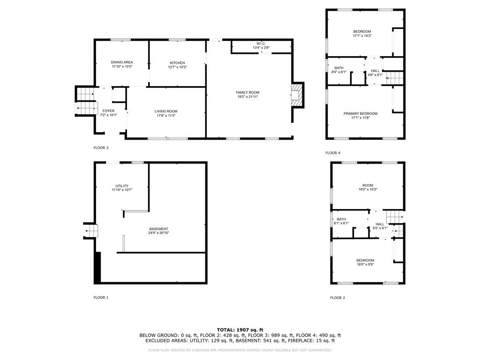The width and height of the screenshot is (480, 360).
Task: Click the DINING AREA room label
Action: [122, 62]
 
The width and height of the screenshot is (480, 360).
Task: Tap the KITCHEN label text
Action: [177, 63]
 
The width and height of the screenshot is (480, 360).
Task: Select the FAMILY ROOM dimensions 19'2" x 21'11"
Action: [247, 97]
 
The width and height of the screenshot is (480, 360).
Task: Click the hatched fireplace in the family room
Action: [296, 95]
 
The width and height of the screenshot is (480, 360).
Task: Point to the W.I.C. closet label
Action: [261, 44]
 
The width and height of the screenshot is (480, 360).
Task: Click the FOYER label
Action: [108, 111]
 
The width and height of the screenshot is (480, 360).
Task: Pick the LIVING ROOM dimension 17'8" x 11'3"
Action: [166, 116]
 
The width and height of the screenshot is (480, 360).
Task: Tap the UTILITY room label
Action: [122, 186]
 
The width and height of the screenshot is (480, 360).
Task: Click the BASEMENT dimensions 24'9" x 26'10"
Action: [158, 233]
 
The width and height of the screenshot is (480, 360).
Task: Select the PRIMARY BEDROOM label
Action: [360, 113]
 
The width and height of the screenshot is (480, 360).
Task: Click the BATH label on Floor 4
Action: [339, 68]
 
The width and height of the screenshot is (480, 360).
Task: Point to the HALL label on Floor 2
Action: [380, 224]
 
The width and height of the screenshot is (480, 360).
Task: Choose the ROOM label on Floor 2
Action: [367, 185]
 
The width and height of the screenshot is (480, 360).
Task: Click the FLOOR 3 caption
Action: [101, 148]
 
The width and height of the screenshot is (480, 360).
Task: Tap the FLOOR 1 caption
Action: [101, 298]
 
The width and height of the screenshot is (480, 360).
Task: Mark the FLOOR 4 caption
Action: [333, 153]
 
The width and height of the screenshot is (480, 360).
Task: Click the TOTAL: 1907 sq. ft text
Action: [240, 330]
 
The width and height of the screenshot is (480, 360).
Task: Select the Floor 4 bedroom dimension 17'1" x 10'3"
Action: [362, 36]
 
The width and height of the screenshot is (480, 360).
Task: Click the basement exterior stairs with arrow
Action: [90, 231]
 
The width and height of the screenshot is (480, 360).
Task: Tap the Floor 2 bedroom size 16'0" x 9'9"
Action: [365, 264]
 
